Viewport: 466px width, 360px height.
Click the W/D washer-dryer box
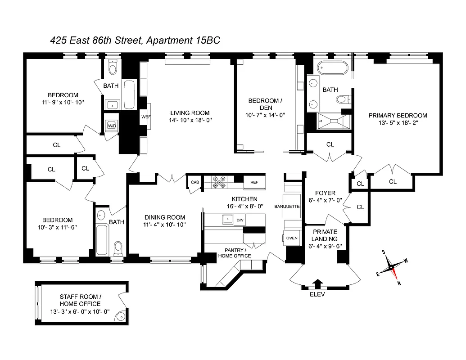tap(112, 126)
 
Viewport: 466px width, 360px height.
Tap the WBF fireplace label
tap(145, 117)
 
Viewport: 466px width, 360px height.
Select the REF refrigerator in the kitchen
tap(253, 182)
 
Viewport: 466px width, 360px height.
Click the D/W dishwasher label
tap(240, 220)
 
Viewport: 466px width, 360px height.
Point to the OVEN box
tap(292, 238)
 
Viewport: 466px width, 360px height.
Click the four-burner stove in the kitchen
tap(219, 182)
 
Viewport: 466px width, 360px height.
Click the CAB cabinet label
tap(195, 182)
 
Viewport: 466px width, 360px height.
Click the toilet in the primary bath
tap(344, 99)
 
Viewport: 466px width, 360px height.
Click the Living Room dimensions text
tap(190, 120)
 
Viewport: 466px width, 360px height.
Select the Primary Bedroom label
tap(398, 115)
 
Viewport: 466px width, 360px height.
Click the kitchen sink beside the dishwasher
tap(226, 220)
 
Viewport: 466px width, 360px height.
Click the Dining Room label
tap(164, 217)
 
